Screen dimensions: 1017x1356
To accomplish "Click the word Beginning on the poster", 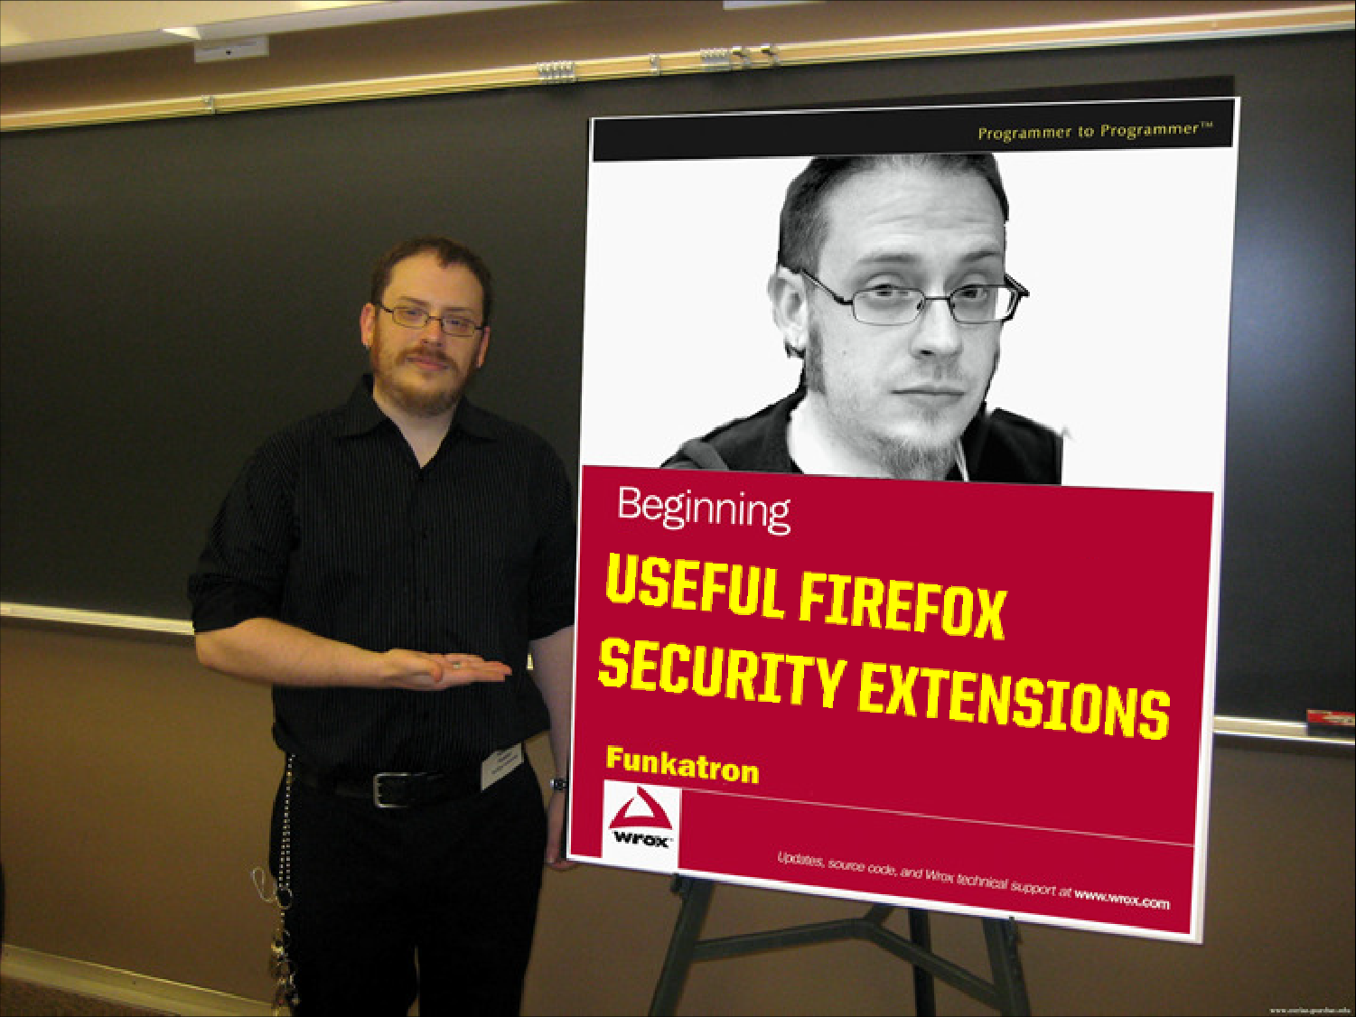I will (x=704, y=510).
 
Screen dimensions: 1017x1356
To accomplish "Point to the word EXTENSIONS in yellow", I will (x=1014, y=707).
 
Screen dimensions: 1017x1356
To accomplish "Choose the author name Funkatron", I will (x=682, y=765).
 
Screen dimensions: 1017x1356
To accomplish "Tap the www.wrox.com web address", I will (x=1121, y=900).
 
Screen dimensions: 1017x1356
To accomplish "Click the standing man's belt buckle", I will (x=387, y=789).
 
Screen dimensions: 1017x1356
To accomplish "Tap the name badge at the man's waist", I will (x=502, y=766).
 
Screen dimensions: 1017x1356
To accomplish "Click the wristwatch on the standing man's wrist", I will (x=558, y=784).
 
